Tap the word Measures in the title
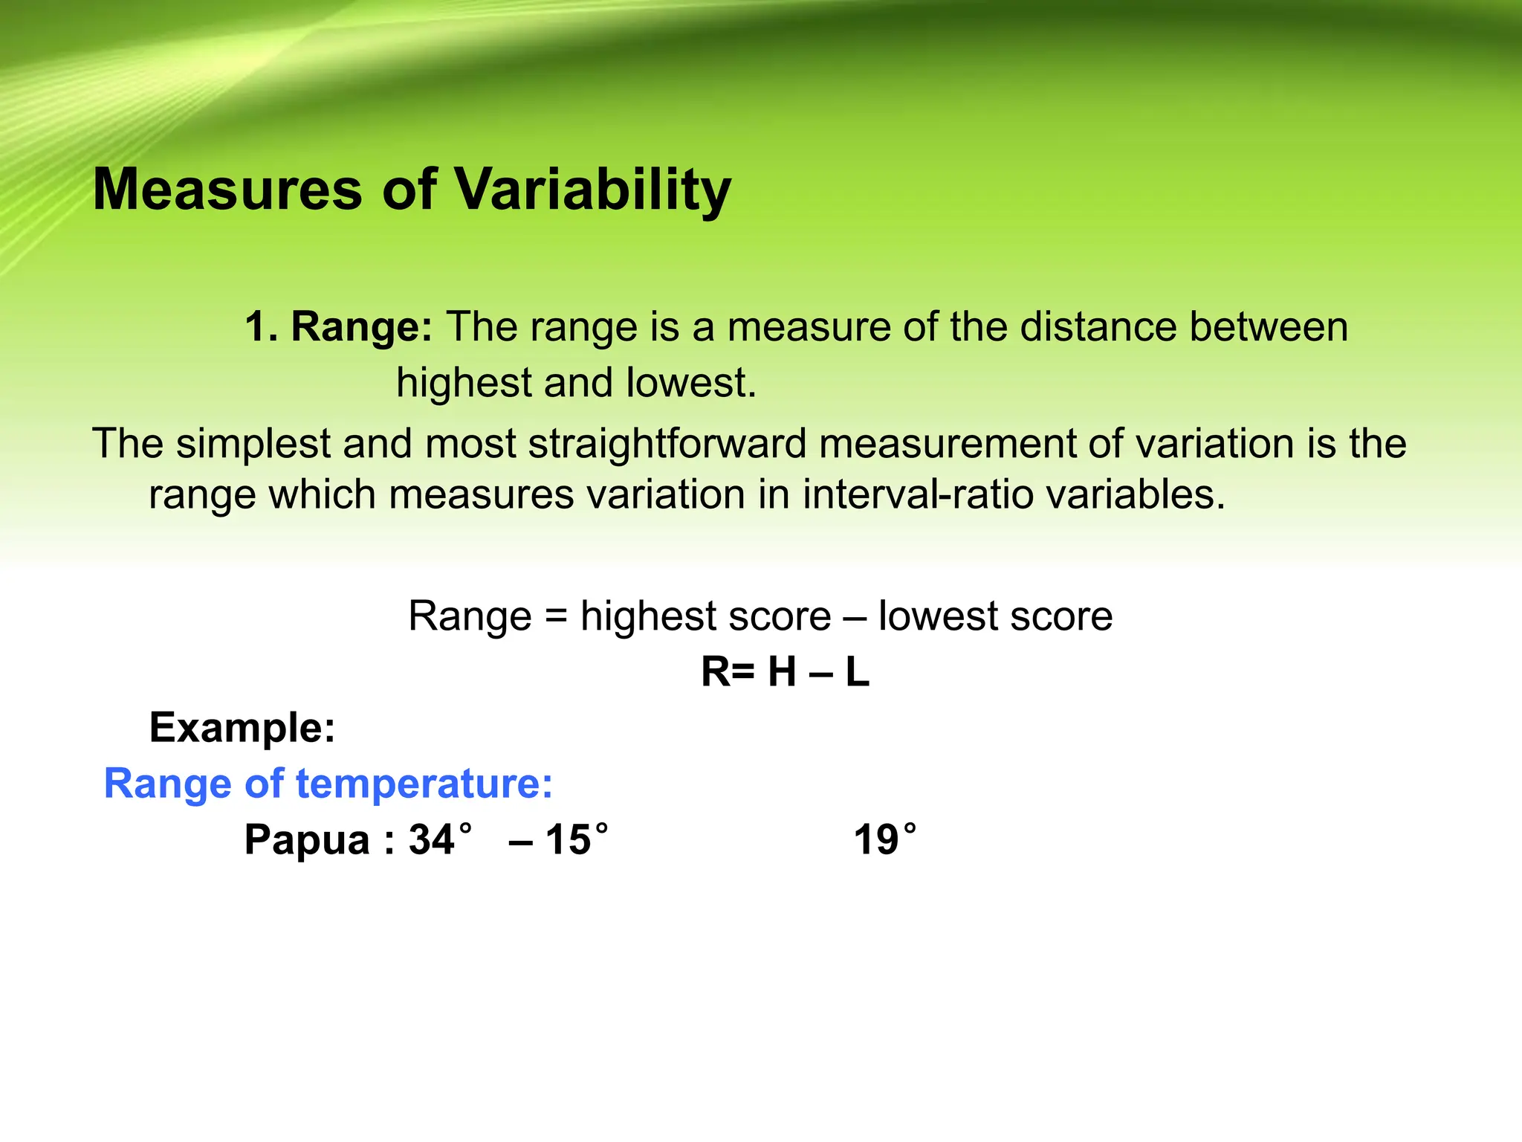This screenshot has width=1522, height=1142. [227, 190]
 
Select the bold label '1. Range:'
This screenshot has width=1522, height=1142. [338, 326]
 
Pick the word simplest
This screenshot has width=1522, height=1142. [253, 444]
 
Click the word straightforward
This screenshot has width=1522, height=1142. [667, 444]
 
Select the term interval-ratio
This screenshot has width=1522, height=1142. [918, 494]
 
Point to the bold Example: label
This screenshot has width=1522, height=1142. [242, 727]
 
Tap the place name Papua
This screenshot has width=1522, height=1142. [307, 840]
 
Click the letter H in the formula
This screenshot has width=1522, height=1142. [782, 672]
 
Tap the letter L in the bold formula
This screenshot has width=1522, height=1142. [857, 672]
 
